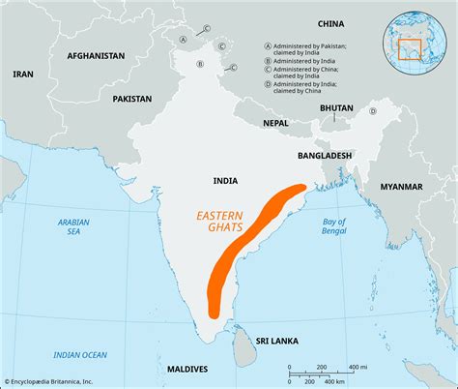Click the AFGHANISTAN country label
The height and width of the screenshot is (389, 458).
pos(96,56)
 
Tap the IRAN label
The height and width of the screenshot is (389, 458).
pos(22,74)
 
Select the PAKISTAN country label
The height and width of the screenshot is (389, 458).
pos(131,99)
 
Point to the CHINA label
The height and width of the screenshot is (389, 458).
pos(330,23)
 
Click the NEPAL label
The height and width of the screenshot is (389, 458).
pos(275,124)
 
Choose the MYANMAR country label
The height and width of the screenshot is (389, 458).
pos(401,186)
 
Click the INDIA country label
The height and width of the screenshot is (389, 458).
pos(226,181)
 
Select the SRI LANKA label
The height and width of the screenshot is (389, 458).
pos(276,342)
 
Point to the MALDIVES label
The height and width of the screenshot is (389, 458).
pos(186,369)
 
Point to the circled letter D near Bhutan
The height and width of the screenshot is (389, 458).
pos(371,111)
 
